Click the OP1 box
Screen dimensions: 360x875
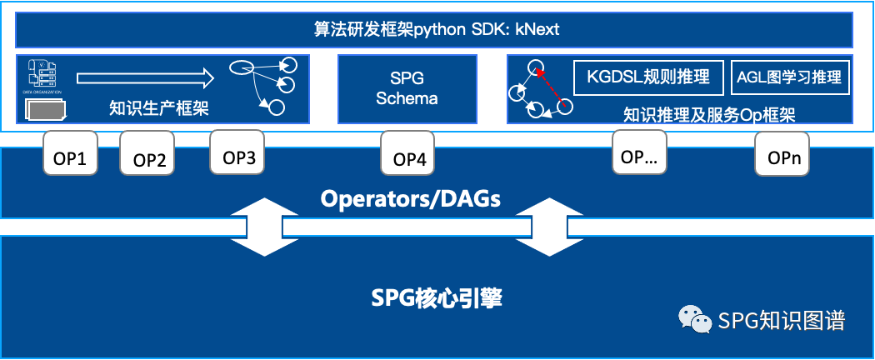[x=71, y=155]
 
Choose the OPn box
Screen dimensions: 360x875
[x=782, y=155]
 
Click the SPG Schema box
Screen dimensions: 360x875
[x=407, y=88]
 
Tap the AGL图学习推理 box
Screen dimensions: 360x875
[x=789, y=77]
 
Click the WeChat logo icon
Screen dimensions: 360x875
[x=695, y=319]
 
